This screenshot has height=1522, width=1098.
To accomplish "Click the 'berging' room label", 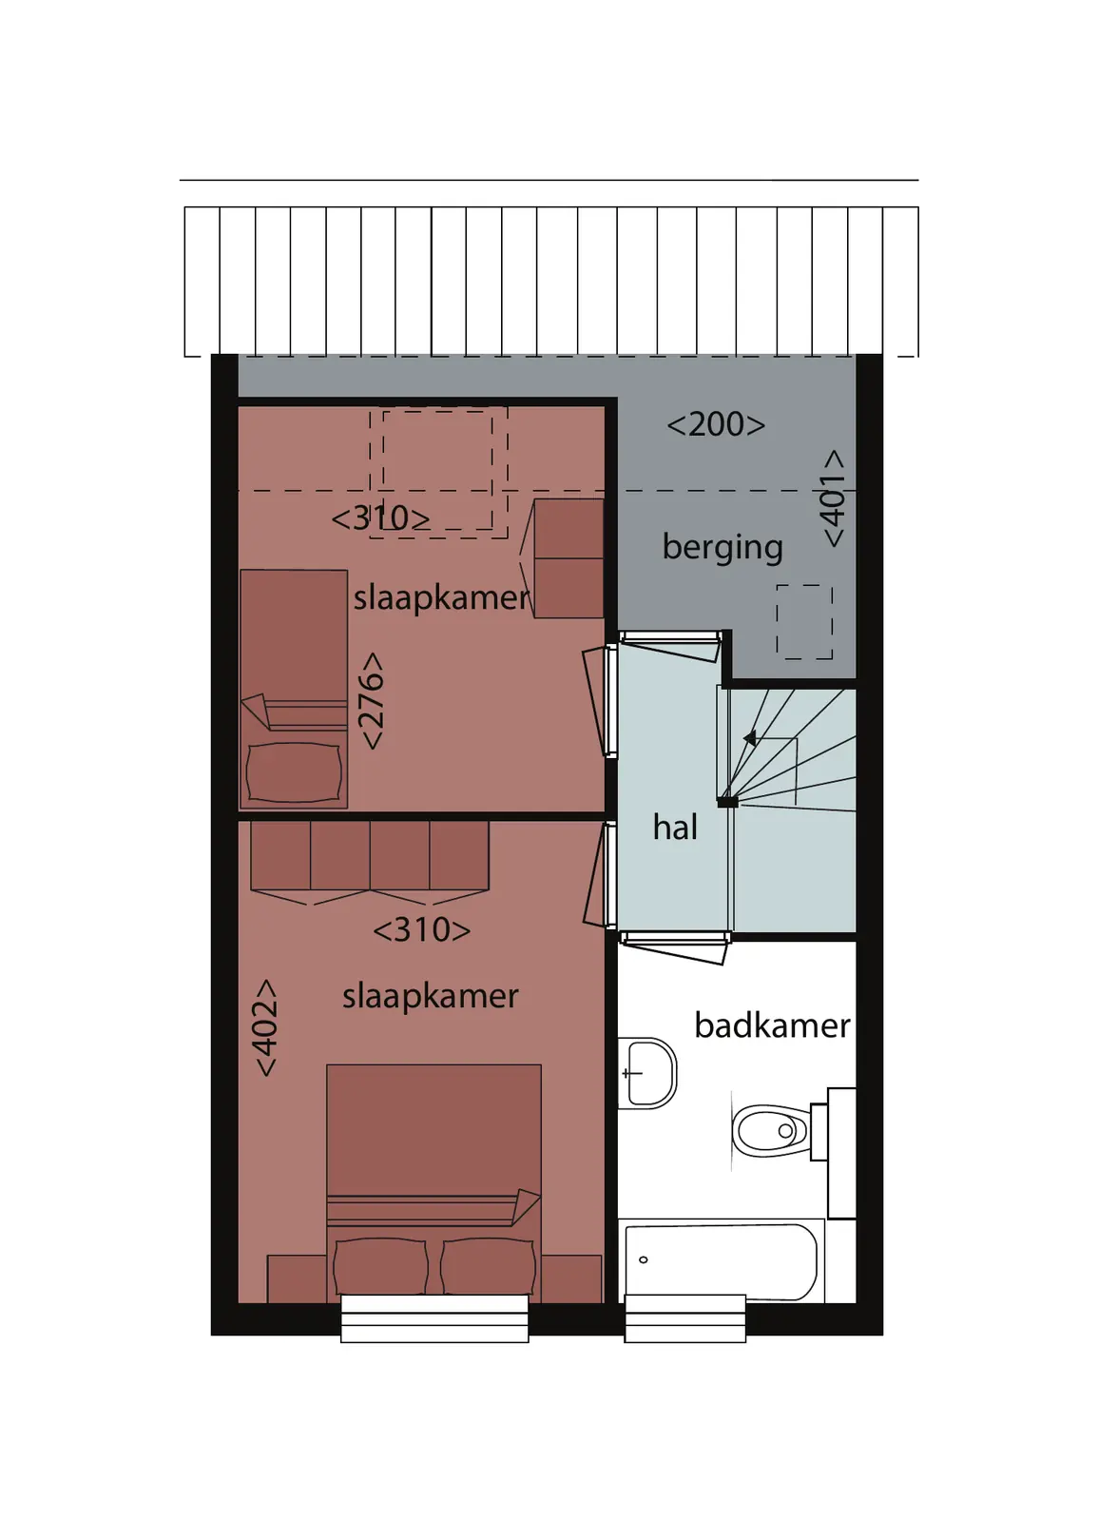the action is (x=722, y=548).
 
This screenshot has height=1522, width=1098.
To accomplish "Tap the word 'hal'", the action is (x=675, y=828).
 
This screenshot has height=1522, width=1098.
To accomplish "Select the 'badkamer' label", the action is (x=772, y=1025).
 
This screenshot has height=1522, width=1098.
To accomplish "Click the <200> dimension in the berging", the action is (x=716, y=424).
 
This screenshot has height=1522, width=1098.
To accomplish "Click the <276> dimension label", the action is (x=373, y=700).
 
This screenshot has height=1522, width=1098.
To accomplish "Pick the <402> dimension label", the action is (x=266, y=1027).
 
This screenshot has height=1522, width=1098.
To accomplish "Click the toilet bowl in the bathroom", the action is (x=771, y=1131).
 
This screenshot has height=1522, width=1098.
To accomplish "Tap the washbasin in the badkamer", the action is (x=649, y=1073).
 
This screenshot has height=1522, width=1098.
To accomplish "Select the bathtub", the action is (x=722, y=1261).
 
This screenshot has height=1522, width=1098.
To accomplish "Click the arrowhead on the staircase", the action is (x=750, y=737).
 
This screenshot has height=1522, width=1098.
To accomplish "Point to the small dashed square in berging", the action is (x=804, y=621).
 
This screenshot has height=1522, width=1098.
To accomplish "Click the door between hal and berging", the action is (x=671, y=645).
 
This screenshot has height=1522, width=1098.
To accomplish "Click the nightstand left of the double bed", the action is (x=297, y=1278).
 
